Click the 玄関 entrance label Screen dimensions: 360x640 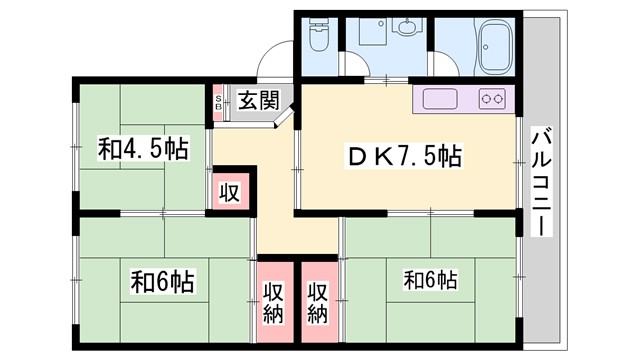[257, 100]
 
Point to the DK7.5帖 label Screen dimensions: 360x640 [403, 156]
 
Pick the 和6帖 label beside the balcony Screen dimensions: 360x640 [431, 277]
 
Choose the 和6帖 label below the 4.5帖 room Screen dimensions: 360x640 [162, 281]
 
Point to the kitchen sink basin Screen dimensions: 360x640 [441, 99]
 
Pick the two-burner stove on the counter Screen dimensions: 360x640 [492, 99]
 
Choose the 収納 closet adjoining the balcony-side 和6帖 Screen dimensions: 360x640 [318, 303]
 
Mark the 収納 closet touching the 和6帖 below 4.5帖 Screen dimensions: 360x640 [272, 303]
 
